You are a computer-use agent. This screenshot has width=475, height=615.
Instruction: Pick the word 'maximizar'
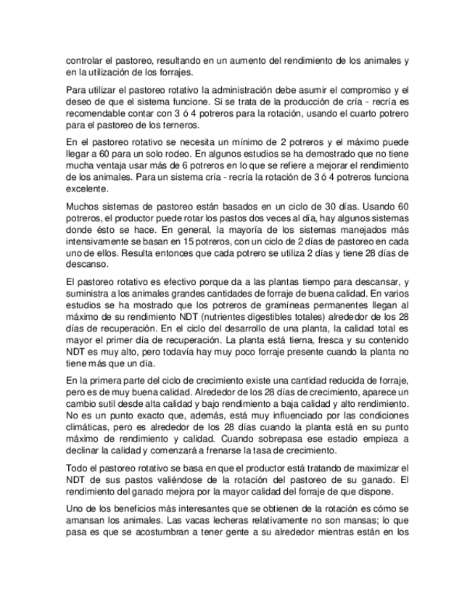click(382, 468)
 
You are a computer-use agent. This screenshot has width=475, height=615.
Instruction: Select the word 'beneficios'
click(146, 509)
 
